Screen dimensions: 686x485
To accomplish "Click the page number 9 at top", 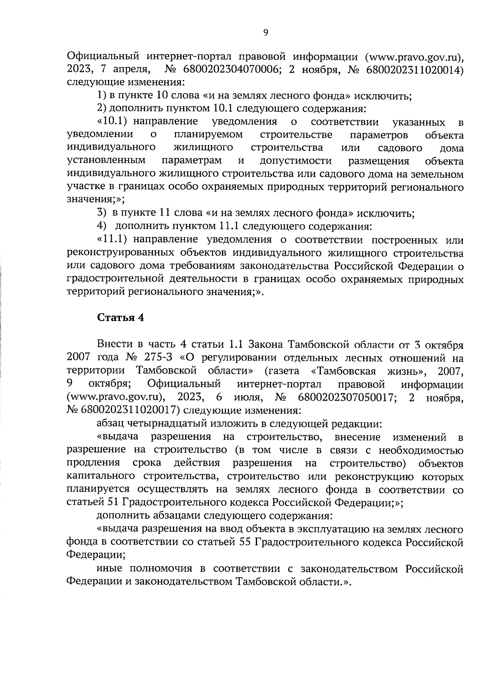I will coord(265,33).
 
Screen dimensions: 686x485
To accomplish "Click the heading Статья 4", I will coord(120,317).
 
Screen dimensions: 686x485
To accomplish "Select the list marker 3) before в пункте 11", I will coord(101,213).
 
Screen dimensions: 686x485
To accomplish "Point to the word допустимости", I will coord(296,161).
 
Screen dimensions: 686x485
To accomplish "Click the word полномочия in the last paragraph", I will coord(160,569).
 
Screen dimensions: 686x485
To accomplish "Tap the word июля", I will coord(248,397).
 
